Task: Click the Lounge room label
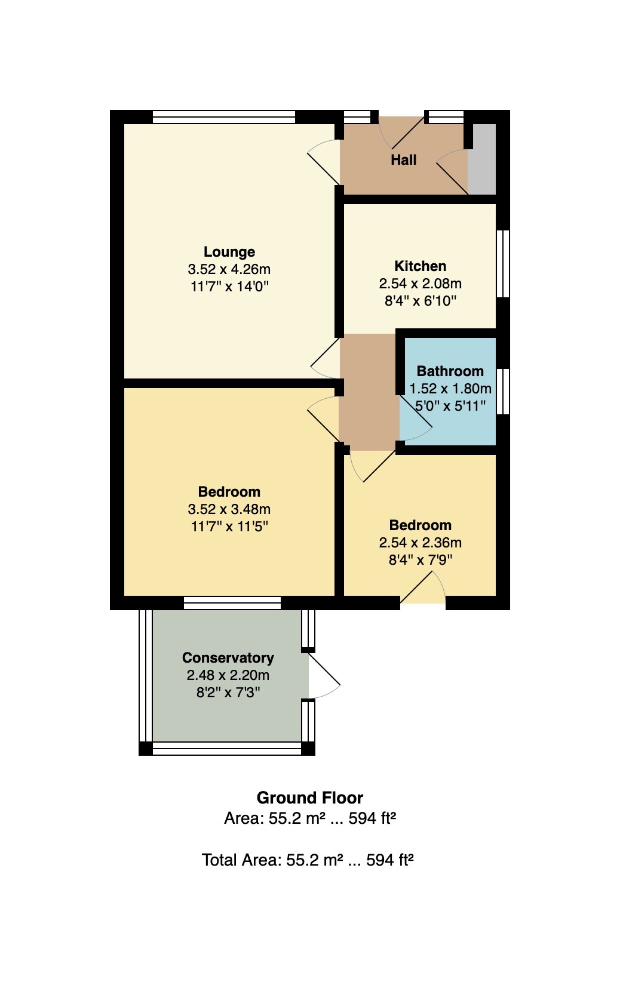click(x=229, y=252)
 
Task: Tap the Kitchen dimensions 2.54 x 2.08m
click(x=420, y=284)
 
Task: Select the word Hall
click(x=404, y=159)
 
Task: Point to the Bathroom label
click(x=450, y=371)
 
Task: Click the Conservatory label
click(x=228, y=658)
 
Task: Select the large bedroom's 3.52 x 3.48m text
click(x=229, y=509)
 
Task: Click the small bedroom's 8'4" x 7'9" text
click(x=420, y=560)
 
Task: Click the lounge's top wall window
click(x=224, y=117)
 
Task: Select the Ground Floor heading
click(x=310, y=798)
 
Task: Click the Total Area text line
click(x=308, y=860)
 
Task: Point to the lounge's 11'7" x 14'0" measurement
click(x=229, y=287)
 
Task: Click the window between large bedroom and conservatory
click(x=232, y=603)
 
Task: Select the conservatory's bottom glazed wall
click(x=227, y=749)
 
